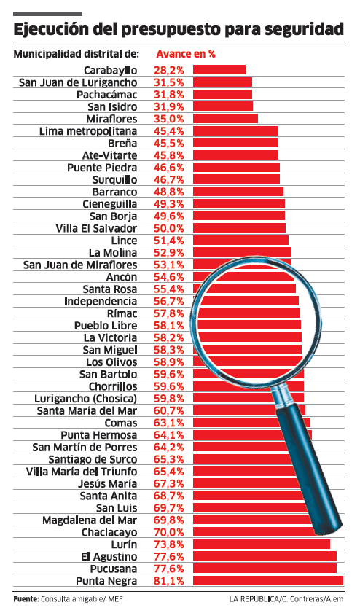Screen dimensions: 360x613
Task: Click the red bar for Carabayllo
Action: point(219,69)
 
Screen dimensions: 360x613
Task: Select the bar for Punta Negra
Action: point(268,580)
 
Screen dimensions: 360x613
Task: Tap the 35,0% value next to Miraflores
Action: point(168,119)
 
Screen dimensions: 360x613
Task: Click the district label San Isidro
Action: point(112,106)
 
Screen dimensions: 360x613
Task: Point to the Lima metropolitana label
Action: point(88,131)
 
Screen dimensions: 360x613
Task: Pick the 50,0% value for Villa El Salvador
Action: point(168,228)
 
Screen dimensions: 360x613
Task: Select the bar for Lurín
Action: point(262,544)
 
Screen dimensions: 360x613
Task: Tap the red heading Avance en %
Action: point(186,54)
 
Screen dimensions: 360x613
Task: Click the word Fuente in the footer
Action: point(26,598)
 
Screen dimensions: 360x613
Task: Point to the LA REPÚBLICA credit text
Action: point(254,598)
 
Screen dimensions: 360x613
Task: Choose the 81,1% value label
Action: point(168,581)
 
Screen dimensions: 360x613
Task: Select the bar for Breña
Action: point(235,142)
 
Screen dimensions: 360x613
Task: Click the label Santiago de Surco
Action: point(93,459)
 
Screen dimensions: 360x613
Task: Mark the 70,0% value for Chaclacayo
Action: point(168,532)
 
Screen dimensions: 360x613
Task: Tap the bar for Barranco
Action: point(238,191)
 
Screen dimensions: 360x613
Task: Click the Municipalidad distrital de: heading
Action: point(77,54)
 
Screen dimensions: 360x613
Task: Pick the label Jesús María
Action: point(108,483)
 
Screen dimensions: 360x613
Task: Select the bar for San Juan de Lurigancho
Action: point(222,82)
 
